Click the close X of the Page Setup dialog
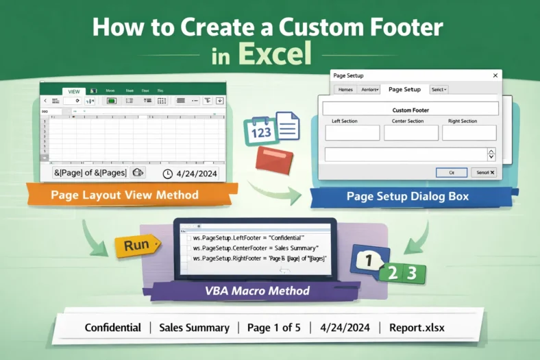(495, 75)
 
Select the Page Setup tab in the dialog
(404, 89)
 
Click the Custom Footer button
(410, 109)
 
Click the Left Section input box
(352, 133)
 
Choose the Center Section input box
(410, 133)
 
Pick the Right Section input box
(469, 133)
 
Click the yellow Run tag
(136, 245)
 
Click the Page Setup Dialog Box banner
(408, 197)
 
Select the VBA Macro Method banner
(258, 291)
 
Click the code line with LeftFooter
(247, 237)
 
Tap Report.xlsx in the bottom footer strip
(417, 328)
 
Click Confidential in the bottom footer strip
(113, 328)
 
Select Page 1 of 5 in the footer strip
(269, 328)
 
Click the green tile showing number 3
(412, 273)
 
